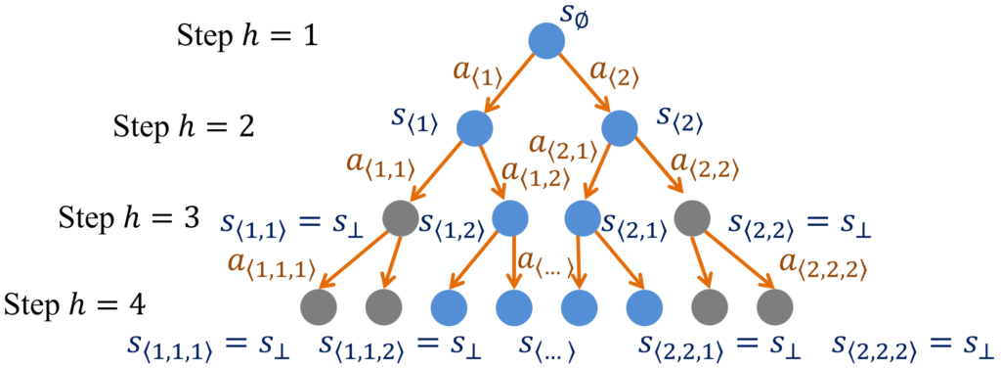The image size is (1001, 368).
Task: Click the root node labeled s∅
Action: (x=547, y=41)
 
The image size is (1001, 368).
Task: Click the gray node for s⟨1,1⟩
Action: (x=401, y=219)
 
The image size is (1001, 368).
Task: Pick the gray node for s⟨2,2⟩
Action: (x=692, y=219)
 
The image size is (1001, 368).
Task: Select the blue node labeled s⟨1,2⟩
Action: (x=510, y=219)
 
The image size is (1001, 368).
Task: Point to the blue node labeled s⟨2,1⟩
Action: (x=583, y=219)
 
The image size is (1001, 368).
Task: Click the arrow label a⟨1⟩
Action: (x=479, y=74)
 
